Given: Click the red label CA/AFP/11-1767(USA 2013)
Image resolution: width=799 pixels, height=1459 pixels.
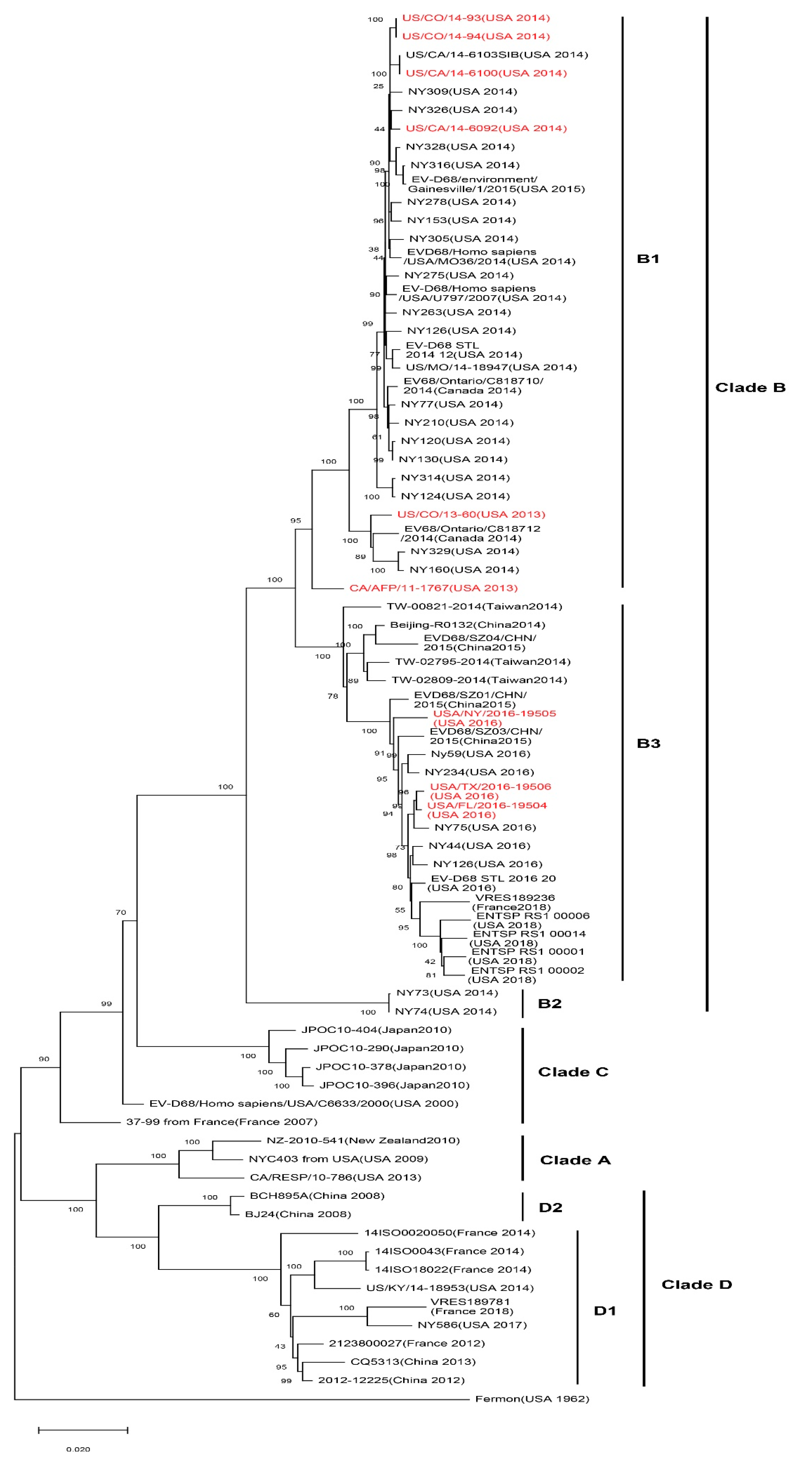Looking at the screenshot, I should click(433, 588).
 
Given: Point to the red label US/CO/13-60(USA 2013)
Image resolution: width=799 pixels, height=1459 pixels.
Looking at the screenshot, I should click(471, 514).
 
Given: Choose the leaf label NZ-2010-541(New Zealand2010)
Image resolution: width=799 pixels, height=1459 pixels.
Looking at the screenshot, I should click(363, 1140).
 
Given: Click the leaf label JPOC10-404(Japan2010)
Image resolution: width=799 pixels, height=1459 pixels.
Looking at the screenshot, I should click(376, 1030).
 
